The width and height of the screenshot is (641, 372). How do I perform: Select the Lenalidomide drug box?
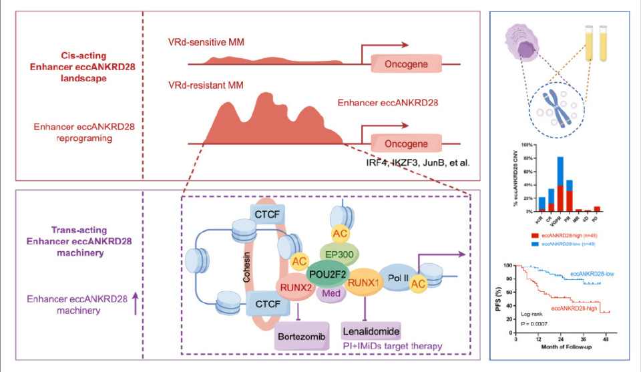[371, 331]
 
